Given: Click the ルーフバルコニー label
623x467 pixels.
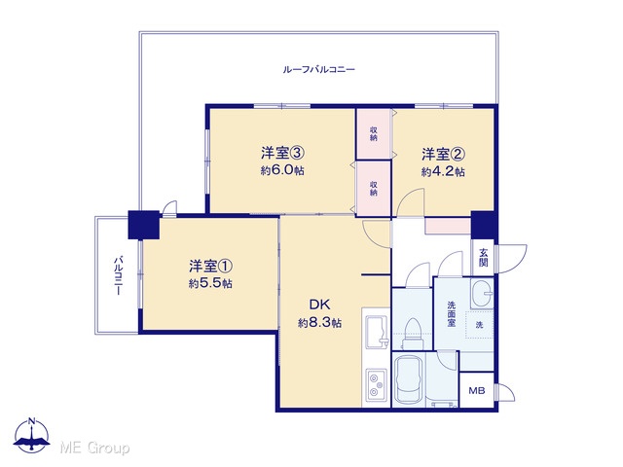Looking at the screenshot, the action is (x=318, y=70).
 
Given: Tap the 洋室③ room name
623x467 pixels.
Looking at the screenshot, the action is (x=282, y=154).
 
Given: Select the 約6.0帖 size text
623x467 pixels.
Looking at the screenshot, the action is (x=282, y=170).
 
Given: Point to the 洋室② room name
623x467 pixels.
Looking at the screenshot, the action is (x=444, y=155).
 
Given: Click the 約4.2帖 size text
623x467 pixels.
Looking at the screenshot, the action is (x=444, y=172).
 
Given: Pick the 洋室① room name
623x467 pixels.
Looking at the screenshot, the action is (x=210, y=266).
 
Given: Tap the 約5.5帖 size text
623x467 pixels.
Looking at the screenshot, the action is (x=210, y=283).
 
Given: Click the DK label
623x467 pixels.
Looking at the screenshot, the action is (x=319, y=305).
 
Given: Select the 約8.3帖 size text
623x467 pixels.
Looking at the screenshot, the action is (x=320, y=323).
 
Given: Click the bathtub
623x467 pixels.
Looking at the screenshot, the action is (x=410, y=378).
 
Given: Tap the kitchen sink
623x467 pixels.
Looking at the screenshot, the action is (x=377, y=332).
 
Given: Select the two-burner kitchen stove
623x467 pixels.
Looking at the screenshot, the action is (x=377, y=384).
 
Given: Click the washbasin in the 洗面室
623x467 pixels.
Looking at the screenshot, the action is (x=482, y=294).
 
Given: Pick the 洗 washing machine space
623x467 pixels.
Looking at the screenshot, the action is (x=480, y=325).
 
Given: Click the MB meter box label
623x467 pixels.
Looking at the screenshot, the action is (x=477, y=391).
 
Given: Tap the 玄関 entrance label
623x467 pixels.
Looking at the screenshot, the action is (x=483, y=257).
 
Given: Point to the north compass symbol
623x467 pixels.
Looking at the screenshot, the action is (x=32, y=436).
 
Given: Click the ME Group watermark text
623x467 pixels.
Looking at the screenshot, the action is (x=94, y=448).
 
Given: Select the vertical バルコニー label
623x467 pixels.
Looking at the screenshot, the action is (x=118, y=275).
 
